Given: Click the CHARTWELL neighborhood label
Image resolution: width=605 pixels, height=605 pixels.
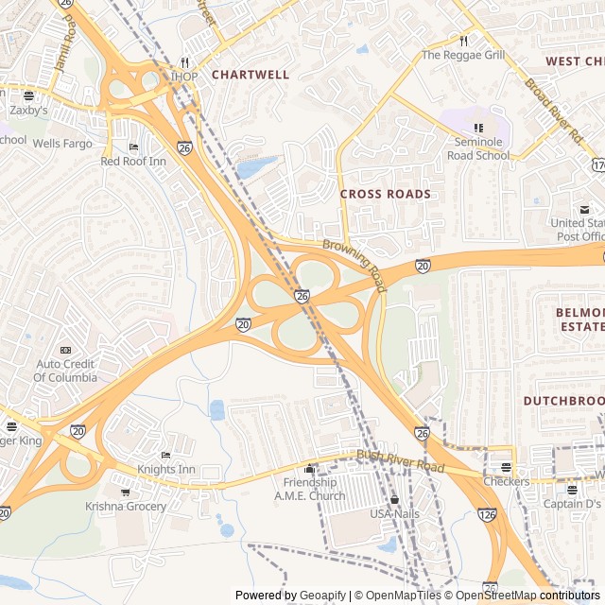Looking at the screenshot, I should click(251, 74).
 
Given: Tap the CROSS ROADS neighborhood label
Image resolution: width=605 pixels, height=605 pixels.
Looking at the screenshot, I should click(385, 194).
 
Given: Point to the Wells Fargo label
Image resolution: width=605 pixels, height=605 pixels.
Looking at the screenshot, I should click(62, 144).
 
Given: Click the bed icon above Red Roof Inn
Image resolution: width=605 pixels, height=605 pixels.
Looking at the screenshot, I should click(132, 147).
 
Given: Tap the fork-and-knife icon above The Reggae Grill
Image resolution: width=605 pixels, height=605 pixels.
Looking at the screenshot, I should click(463, 41).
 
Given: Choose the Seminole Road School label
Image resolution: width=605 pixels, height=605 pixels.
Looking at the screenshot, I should click(477, 149).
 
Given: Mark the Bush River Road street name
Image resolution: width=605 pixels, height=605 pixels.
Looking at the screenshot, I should click(400, 461).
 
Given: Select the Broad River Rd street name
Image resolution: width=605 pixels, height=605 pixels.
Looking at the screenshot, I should click(555, 109).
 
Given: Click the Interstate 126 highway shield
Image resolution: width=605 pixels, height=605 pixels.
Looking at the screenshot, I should click(489, 514).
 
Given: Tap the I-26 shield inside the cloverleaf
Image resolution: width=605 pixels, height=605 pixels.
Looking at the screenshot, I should click(302, 296).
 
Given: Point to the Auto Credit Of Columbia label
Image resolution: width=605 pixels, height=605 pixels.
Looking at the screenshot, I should click(66, 371).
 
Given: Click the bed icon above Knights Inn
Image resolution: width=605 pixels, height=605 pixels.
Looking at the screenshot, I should click(166, 456).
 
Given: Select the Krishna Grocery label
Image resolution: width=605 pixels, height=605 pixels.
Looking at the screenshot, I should click(126, 506).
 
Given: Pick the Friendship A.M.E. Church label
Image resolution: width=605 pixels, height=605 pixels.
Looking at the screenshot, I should click(309, 489).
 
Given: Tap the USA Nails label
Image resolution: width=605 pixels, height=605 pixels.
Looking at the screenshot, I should click(394, 513).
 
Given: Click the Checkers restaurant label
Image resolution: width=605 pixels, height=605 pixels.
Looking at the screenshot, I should click(506, 481).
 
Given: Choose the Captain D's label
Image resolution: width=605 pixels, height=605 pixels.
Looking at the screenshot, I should click(571, 503).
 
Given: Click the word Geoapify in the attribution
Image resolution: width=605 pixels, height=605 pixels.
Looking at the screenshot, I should click(322, 596).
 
